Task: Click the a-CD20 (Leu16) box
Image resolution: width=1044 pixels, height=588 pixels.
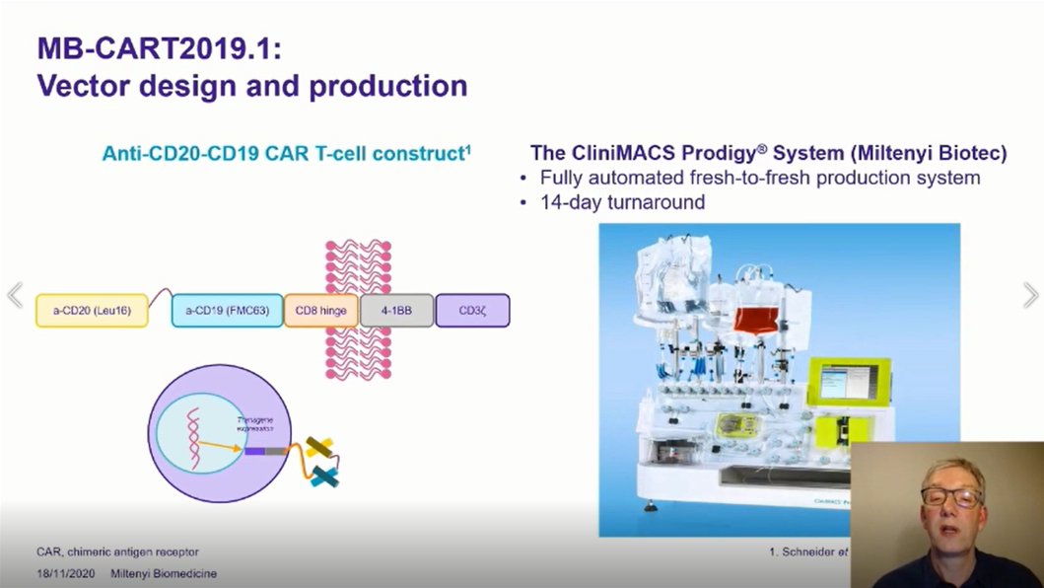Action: [92, 311]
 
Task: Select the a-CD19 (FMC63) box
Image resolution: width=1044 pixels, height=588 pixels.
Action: [226, 311]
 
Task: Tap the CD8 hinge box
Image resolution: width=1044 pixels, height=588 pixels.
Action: [320, 311]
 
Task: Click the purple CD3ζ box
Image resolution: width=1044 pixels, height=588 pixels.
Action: [472, 311]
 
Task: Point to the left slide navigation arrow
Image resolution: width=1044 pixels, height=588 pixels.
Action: [15, 295]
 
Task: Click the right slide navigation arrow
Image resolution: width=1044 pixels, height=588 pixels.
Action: [1030, 295]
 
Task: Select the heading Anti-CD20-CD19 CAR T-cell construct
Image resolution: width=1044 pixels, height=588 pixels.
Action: [286, 154]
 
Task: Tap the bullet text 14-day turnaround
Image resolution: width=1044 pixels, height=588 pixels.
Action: [622, 202]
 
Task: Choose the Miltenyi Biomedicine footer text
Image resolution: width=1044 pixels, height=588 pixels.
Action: [164, 573]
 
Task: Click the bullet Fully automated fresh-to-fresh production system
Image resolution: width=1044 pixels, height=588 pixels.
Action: [760, 179]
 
